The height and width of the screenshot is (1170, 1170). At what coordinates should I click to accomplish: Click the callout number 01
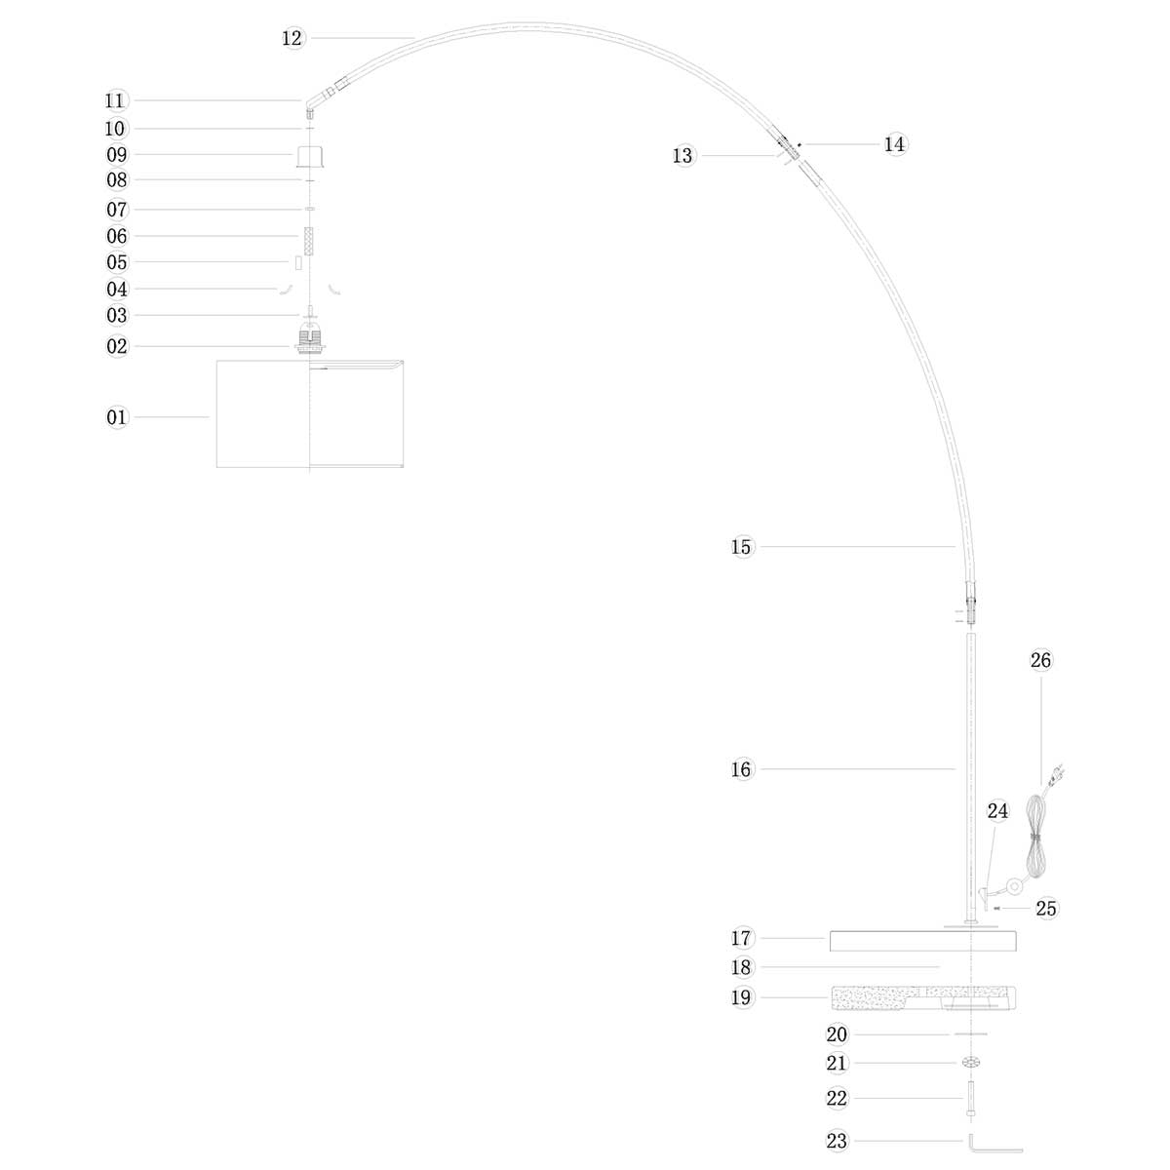point(117,417)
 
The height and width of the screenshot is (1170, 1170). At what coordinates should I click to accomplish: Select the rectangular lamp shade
point(309,413)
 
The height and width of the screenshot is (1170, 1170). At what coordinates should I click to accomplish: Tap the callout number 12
point(292,38)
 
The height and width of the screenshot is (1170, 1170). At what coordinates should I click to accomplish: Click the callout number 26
point(1041,660)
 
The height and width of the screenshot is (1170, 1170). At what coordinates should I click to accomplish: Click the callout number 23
point(837,1141)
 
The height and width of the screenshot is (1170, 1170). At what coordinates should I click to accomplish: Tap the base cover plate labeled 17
point(922,941)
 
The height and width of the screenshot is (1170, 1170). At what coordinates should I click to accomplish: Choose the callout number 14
point(895,144)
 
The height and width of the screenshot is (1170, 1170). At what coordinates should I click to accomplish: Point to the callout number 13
point(682,156)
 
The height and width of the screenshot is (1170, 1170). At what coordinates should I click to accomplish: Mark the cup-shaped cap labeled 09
point(309,156)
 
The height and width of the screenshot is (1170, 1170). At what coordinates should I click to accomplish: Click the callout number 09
point(117,154)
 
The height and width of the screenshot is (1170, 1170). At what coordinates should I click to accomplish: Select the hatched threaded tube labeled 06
point(309,240)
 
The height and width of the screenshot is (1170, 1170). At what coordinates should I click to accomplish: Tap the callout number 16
point(742,769)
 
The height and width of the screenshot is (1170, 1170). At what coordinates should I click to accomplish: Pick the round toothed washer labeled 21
point(971,1063)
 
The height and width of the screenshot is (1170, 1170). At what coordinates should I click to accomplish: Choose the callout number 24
point(997,811)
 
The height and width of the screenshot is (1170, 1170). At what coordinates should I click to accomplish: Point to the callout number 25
point(1046,909)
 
